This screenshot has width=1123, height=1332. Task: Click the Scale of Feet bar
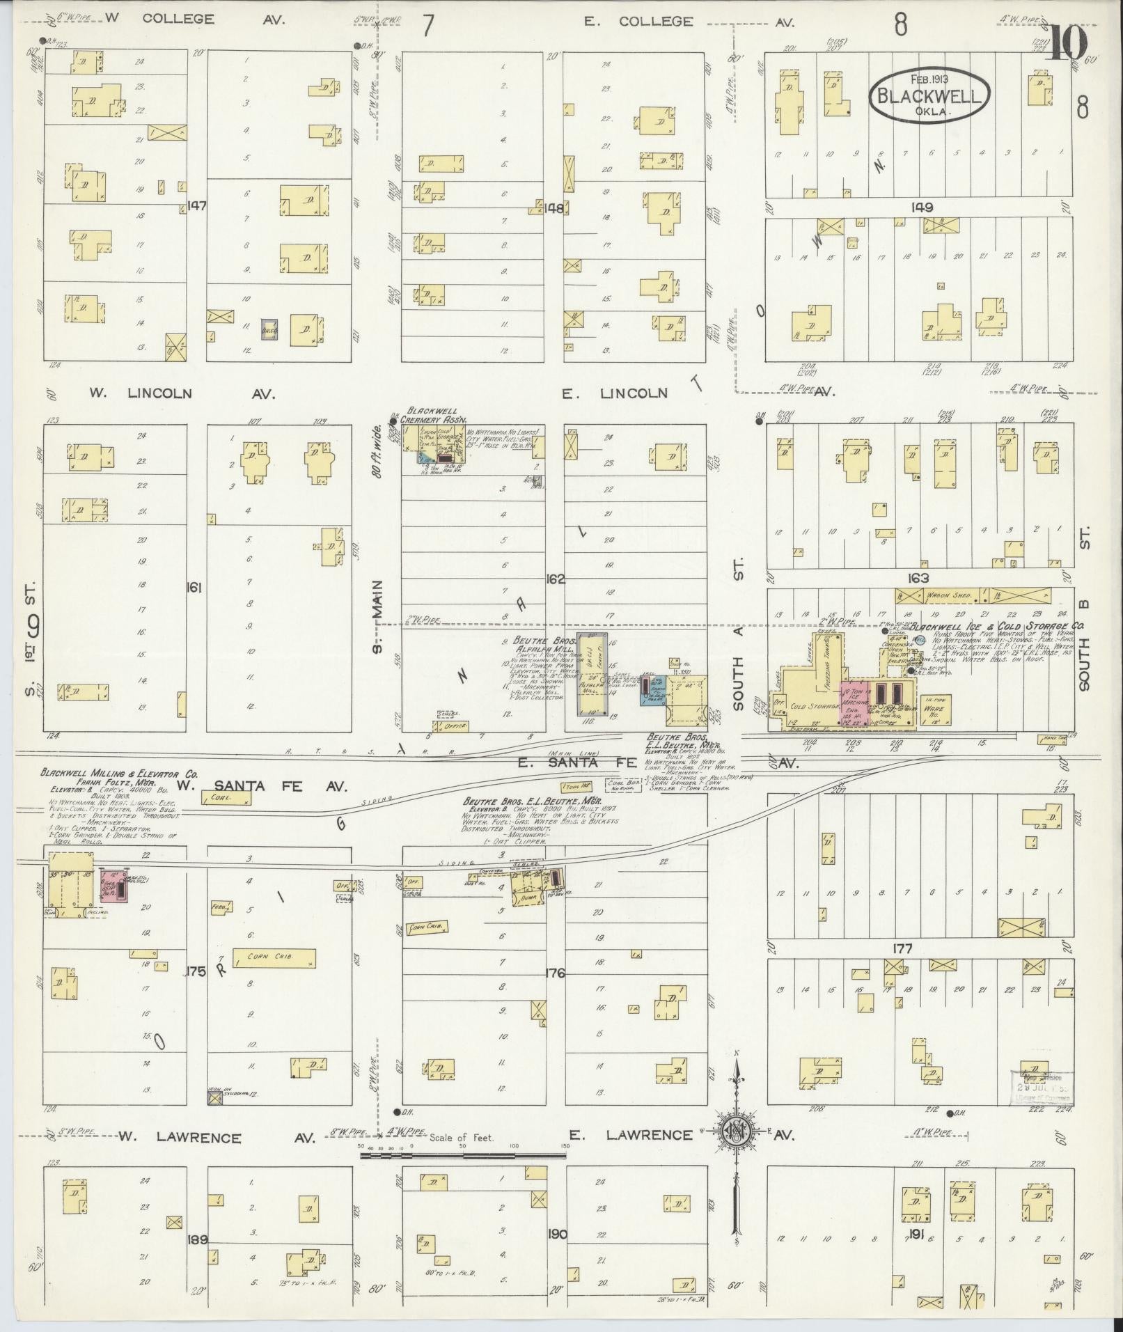[x=463, y=1156]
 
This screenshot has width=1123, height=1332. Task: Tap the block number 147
[x=197, y=206]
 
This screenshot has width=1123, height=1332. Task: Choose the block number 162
[x=555, y=579]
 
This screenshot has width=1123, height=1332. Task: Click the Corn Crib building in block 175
[x=274, y=958]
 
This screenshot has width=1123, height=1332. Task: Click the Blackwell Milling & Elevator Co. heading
[x=118, y=774]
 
